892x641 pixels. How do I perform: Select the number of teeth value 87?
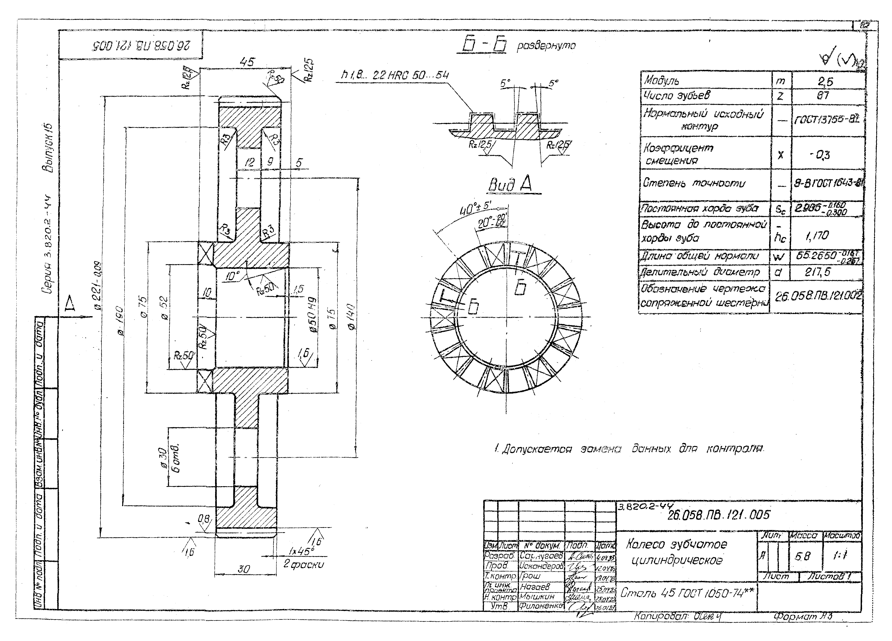(823, 95)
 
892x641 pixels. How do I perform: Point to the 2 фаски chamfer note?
(304, 564)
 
